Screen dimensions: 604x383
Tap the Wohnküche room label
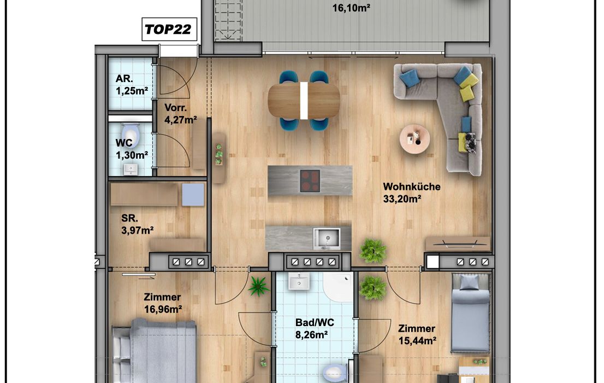(411, 187)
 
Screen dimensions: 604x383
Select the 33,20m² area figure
(402, 199)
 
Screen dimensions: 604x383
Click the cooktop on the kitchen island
(310, 181)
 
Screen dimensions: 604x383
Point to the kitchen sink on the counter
(327, 239)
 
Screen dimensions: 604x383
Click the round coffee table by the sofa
(415, 138)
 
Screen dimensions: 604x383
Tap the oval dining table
(304, 100)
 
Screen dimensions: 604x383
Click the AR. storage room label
(124, 79)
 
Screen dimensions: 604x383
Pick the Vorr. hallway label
(176, 107)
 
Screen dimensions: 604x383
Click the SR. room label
(129, 218)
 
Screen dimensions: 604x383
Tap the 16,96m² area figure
(163, 309)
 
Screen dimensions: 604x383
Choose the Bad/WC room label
(315, 322)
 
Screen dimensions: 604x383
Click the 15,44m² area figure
(417, 340)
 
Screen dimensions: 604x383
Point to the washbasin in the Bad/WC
(299, 281)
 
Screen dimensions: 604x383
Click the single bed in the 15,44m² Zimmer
(470, 313)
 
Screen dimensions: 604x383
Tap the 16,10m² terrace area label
(351, 8)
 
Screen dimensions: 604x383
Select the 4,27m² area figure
(181, 120)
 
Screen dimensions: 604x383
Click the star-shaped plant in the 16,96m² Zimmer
(258, 286)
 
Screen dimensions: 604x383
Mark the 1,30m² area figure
(132, 155)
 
